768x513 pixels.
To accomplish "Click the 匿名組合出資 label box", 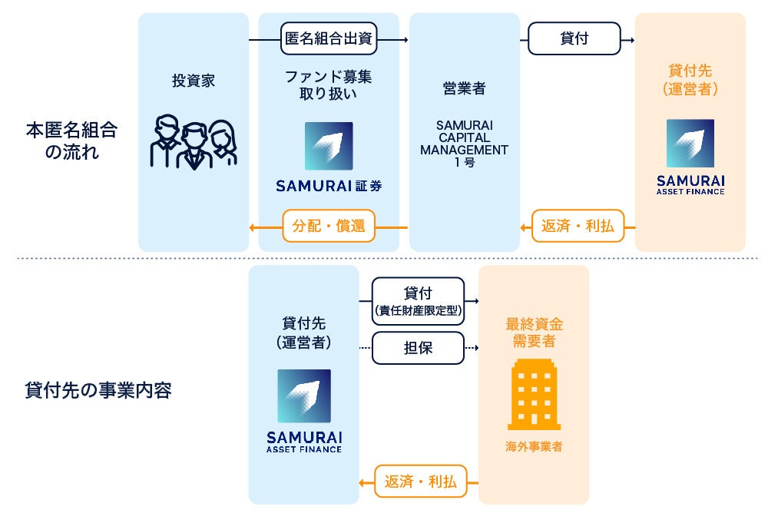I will pos(329,38).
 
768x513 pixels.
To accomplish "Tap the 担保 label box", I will pos(418,347).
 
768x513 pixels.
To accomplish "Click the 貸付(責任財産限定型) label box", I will pos(418,300).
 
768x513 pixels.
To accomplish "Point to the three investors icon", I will pos(193,142).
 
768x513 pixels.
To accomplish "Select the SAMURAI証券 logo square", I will pos(329,146).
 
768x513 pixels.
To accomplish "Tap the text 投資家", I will pos(194,81).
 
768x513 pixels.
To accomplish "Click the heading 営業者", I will pos(464,88).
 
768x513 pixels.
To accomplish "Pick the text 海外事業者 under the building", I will pos(534,446).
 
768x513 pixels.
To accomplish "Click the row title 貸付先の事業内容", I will pos(98,390).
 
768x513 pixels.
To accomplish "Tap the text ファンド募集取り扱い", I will pos(329,85).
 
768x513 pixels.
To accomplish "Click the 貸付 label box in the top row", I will pos(574,38).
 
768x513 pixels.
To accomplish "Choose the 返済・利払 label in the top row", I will pos(578,227).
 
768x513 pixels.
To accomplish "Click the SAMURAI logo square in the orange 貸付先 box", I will pos(690,144).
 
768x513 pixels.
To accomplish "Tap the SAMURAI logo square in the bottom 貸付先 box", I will pos(304,396).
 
